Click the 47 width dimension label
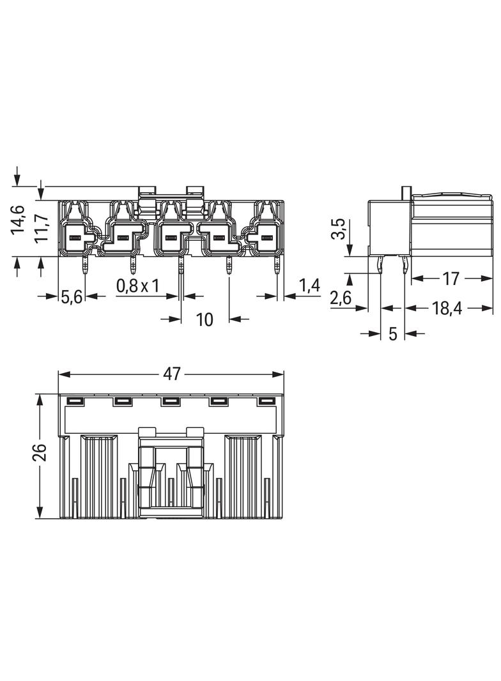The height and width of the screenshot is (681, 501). tap(172, 374)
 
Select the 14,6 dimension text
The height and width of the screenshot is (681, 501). tap(19, 220)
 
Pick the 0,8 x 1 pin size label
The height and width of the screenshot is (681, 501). tap(138, 286)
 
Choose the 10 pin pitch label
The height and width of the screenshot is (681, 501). tap(204, 319)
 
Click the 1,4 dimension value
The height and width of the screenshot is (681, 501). tap(309, 286)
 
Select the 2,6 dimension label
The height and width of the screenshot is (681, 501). tap(341, 298)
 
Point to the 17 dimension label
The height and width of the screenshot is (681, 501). tap(451, 279)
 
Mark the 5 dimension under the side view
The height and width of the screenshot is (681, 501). tap(393, 333)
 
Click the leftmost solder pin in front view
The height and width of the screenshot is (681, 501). tap(84, 266)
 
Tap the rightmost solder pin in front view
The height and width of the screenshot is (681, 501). tap(277, 266)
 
